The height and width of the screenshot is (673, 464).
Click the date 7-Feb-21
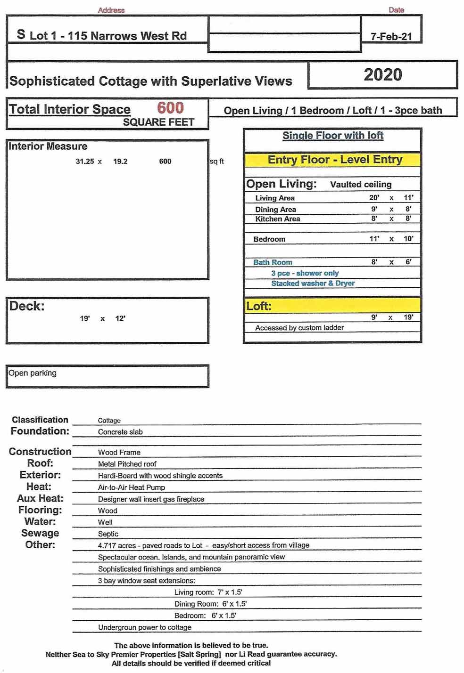click(391, 36)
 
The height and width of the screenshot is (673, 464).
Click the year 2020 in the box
click(382, 75)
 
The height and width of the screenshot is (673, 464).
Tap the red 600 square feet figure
click(170, 108)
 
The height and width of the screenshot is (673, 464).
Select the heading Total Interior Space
click(70, 109)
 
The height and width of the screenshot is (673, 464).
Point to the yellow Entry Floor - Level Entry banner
click(334, 160)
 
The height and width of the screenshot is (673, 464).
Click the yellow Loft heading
click(259, 306)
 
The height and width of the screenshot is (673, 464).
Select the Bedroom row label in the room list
click(269, 239)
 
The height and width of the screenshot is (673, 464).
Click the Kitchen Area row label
click(277, 219)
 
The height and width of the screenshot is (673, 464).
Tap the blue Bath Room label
click(273, 262)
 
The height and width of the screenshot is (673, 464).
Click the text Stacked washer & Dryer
click(313, 284)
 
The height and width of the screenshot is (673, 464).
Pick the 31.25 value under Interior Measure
click(85, 162)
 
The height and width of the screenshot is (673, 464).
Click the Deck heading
click(27, 306)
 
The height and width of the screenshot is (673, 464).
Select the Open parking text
click(33, 373)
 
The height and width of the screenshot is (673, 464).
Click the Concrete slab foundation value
click(120, 432)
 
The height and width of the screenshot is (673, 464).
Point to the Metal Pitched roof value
click(127, 464)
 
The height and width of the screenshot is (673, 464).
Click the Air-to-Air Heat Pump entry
click(131, 487)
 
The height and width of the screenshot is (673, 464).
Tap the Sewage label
click(40, 533)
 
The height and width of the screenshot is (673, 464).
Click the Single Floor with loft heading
click(332, 136)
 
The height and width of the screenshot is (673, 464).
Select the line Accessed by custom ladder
click(299, 328)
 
